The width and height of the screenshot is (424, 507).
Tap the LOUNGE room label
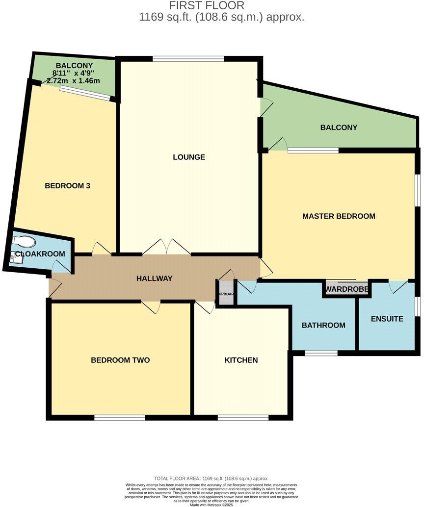(189, 157)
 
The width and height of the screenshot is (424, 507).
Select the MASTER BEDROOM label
(339, 216)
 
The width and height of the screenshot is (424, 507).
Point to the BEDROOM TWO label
(120, 360)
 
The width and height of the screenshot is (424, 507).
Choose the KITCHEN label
(241, 360)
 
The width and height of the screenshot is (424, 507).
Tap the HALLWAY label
(154, 279)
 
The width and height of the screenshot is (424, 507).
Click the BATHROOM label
(323, 325)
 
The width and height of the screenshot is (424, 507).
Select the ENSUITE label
(387, 319)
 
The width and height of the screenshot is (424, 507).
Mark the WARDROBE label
(347, 289)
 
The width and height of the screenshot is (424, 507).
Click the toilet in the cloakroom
(25, 241)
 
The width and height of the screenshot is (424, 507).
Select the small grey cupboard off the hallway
(226, 293)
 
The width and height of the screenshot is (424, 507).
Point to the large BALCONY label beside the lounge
(339, 127)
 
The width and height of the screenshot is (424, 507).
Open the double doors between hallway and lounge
(166, 248)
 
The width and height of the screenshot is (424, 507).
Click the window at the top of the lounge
(188, 59)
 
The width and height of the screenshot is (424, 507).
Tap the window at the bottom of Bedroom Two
(120, 418)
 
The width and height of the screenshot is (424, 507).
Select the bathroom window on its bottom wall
(321, 353)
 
